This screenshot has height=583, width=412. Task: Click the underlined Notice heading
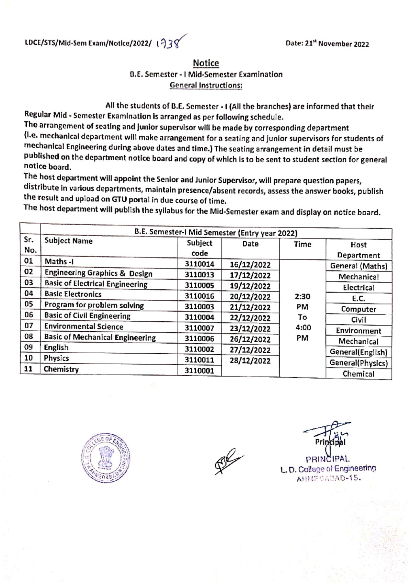(x=206, y=63)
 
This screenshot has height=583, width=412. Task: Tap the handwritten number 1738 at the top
(x=170, y=43)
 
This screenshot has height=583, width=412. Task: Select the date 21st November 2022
(x=327, y=44)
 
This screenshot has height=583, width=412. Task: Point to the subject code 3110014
(x=199, y=264)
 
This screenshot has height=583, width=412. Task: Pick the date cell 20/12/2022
(x=250, y=297)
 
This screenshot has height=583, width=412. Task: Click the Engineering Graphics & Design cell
(x=99, y=274)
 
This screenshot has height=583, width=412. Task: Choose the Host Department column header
(x=358, y=250)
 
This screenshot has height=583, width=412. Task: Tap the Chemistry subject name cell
(x=61, y=369)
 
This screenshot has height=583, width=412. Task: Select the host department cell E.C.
(x=358, y=299)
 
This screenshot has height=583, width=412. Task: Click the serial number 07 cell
(x=29, y=326)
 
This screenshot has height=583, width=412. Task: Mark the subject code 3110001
(x=199, y=371)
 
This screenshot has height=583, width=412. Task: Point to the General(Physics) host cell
(x=358, y=363)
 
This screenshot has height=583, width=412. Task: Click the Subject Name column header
(x=69, y=241)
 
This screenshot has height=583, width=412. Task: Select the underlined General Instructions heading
(x=206, y=85)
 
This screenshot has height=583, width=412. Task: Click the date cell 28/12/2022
(x=250, y=361)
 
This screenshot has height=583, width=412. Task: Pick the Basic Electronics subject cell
(x=73, y=294)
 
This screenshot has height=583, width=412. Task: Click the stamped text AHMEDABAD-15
(x=329, y=479)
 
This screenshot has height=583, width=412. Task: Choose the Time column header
(x=302, y=244)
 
